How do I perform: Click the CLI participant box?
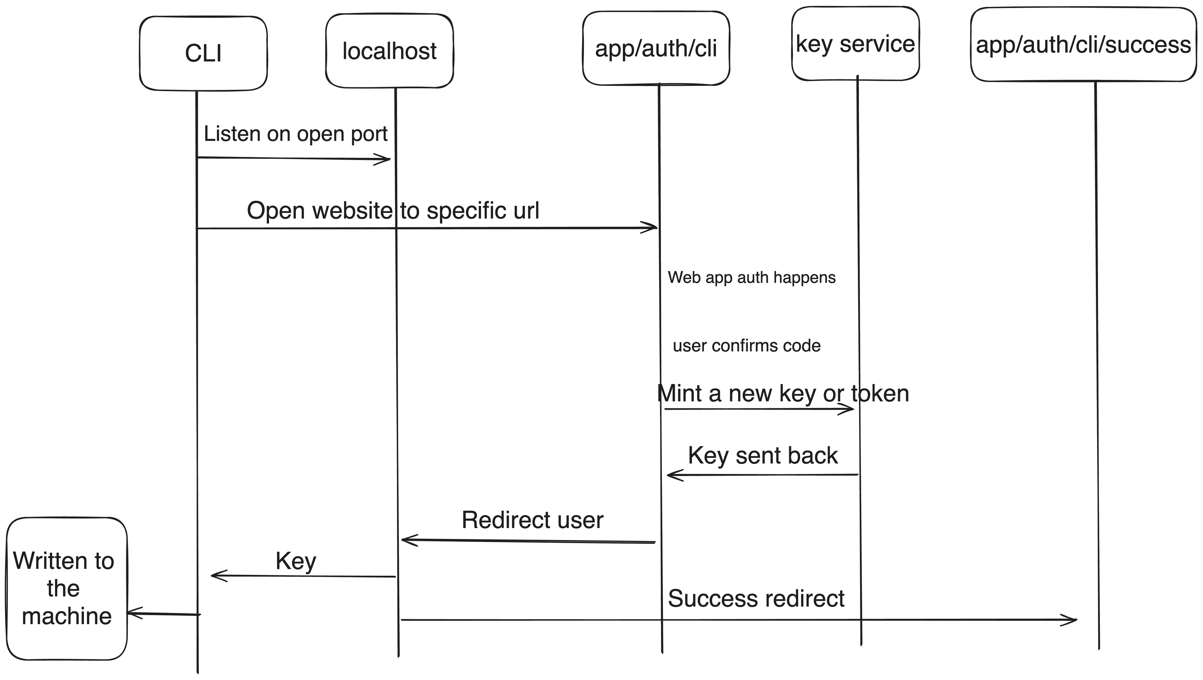[x=203, y=53]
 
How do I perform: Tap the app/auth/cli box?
[x=656, y=49]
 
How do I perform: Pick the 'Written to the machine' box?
[x=66, y=589]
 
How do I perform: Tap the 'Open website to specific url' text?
[x=393, y=210]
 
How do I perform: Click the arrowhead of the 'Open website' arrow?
[x=653, y=228]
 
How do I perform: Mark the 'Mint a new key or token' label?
[x=783, y=393]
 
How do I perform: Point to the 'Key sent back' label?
[x=763, y=455]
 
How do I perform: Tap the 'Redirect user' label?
[x=532, y=520]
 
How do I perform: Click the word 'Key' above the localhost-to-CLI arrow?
[x=296, y=561]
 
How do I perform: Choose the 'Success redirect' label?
[x=756, y=598]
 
